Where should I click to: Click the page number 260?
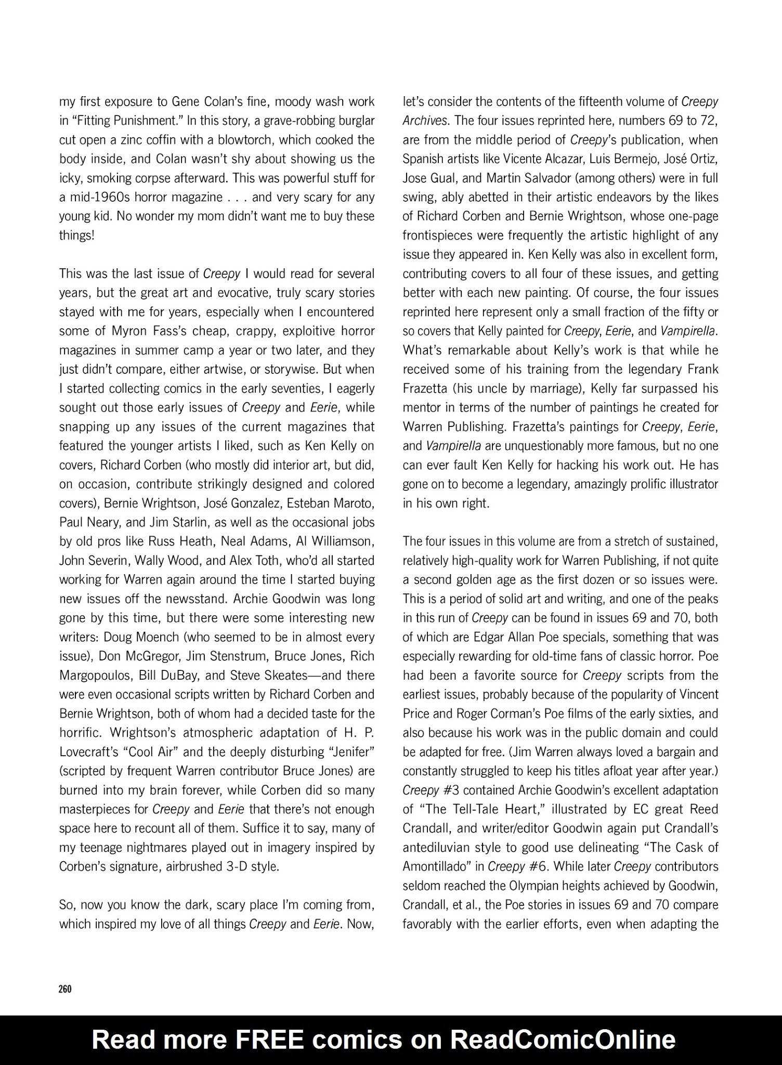(x=65, y=989)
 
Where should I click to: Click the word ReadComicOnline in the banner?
(x=563, y=1040)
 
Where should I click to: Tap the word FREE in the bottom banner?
(x=269, y=1040)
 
